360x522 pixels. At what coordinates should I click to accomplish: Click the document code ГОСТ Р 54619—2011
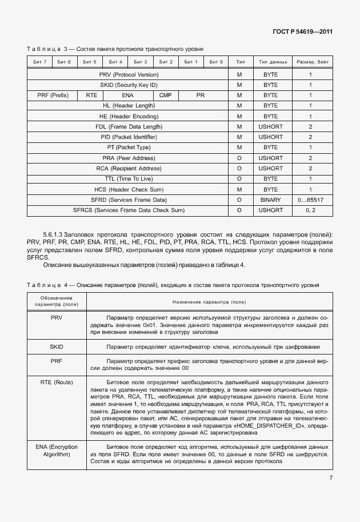[302, 31]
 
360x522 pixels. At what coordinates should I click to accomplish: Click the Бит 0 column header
[215, 62]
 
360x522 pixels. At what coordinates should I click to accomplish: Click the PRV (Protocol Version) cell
[128, 75]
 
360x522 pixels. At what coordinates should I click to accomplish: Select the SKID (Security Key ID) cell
[128, 85]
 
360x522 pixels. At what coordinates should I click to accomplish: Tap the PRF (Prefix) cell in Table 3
[53, 95]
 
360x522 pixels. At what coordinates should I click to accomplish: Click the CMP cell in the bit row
[165, 95]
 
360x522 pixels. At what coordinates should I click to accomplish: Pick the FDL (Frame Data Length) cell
[128, 127]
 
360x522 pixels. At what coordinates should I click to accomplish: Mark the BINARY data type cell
[270, 200]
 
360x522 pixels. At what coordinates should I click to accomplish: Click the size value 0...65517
[310, 200]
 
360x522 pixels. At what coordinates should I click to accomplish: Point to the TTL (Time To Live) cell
[128, 179]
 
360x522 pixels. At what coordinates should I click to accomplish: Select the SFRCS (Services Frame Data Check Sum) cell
[128, 210]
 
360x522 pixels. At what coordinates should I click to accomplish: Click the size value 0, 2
[310, 210]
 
